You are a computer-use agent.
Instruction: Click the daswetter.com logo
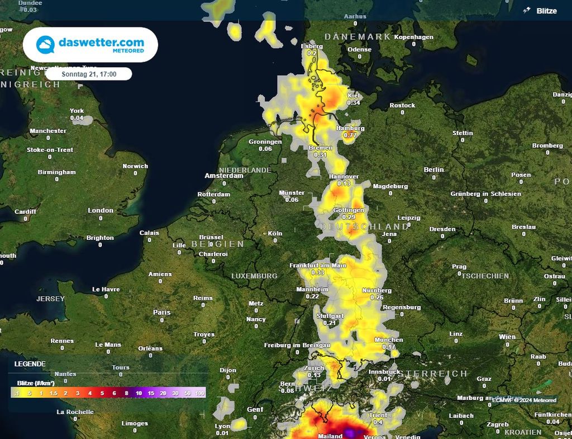[x=90, y=45]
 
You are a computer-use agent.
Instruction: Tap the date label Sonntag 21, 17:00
[x=89, y=74]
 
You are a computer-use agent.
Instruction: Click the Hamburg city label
[x=350, y=128]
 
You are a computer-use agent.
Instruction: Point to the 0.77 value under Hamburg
[x=350, y=135]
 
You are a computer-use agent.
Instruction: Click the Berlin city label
[x=433, y=169]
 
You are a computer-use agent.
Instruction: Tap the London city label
[x=101, y=210]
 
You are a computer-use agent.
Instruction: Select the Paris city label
[x=162, y=312]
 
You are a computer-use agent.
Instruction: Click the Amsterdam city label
[x=224, y=176]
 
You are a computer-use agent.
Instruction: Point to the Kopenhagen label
[x=413, y=37]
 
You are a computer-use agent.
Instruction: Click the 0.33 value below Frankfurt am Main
[x=318, y=272]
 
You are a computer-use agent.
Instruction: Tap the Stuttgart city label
[x=330, y=316]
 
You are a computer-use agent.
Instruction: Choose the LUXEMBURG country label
[x=254, y=276]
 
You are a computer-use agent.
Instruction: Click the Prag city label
[x=459, y=267]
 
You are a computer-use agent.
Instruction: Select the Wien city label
[x=507, y=337]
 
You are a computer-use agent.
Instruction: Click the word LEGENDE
[x=30, y=364]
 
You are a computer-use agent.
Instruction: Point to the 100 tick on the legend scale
[x=200, y=394]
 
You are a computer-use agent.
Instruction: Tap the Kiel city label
[x=354, y=96]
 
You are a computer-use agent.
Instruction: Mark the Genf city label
[x=255, y=410]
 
